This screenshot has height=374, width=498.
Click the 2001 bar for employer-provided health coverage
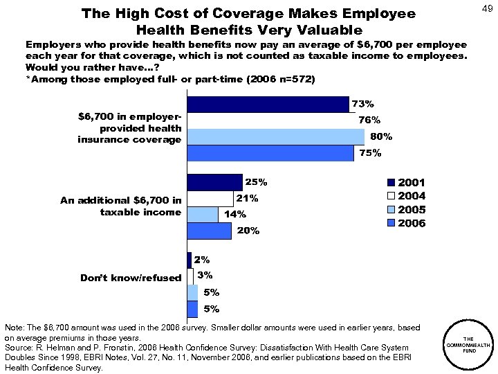[x=268, y=104]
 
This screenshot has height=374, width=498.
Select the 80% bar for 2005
[x=275, y=136]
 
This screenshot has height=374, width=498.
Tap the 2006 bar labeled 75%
[x=270, y=153]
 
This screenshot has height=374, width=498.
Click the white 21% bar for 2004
[x=210, y=198]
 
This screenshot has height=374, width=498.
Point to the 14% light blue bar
[x=202, y=214]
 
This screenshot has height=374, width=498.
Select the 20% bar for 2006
[x=209, y=231]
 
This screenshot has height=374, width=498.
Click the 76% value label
[x=369, y=120]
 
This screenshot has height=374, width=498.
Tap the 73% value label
[x=363, y=104]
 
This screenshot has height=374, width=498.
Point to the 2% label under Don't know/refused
[x=202, y=260]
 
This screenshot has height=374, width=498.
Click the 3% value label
[x=205, y=276]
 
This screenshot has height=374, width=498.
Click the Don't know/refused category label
[x=131, y=278]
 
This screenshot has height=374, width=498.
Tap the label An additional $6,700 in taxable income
[x=121, y=206]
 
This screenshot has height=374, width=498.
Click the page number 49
[x=485, y=8]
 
